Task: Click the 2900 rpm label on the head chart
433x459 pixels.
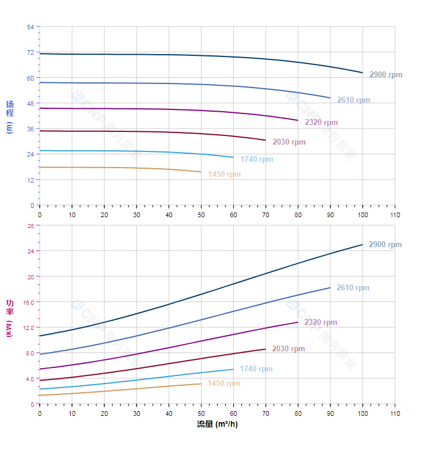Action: click(386, 75)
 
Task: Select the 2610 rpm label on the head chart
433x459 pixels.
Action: click(354, 100)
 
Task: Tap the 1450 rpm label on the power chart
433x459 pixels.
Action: click(224, 384)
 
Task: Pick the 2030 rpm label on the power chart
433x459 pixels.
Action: click(288, 349)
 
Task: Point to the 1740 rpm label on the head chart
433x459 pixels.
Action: click(257, 160)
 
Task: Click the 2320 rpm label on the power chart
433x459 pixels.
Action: click(321, 323)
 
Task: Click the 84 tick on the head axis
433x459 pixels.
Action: click(31, 27)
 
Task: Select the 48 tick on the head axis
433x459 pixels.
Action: click(31, 103)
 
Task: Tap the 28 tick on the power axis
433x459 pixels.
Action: click(31, 226)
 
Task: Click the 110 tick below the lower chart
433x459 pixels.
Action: click(394, 414)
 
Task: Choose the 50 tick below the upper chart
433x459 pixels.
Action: click(201, 215)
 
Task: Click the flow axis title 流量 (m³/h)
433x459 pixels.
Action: click(217, 424)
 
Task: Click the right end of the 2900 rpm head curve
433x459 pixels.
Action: click(362, 73)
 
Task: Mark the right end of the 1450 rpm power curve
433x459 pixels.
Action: click(201, 384)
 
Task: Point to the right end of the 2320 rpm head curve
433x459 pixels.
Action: click(298, 120)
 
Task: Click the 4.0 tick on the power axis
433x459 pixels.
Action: click(29, 378)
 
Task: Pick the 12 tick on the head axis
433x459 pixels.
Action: click(31, 180)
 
